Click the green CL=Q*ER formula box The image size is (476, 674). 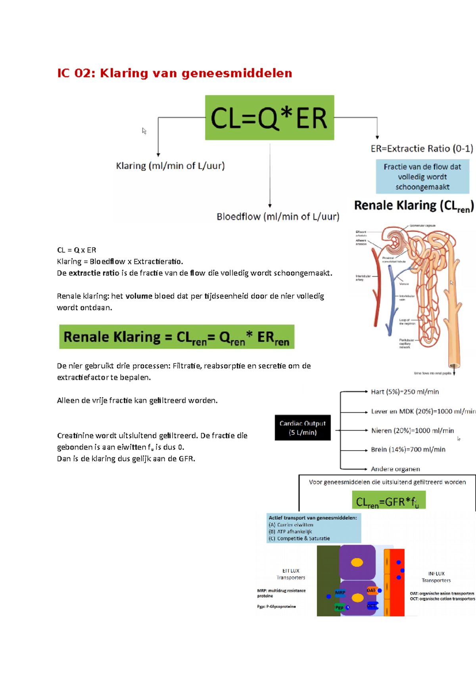(x=269, y=117)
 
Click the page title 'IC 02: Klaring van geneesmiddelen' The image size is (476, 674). (x=175, y=73)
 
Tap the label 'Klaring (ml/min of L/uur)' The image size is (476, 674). (x=170, y=166)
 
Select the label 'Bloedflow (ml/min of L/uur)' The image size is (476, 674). (x=278, y=217)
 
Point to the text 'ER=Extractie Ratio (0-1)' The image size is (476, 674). (x=422, y=148)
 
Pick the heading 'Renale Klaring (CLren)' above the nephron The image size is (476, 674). (x=414, y=206)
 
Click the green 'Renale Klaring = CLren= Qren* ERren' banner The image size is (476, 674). (x=177, y=337)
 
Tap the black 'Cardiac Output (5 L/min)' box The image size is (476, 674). (x=303, y=428)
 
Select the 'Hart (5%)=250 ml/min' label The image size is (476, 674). (x=405, y=392)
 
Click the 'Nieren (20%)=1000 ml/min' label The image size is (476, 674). (x=412, y=430)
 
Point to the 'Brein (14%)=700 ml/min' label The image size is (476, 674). (x=408, y=449)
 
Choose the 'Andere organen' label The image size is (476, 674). (x=395, y=469)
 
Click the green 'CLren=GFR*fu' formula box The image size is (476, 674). (x=388, y=501)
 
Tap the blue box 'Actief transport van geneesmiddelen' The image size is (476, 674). (x=313, y=528)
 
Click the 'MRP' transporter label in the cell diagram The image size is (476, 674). (x=340, y=592)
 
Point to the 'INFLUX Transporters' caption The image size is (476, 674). (x=436, y=577)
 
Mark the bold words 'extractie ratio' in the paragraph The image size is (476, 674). (x=94, y=273)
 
